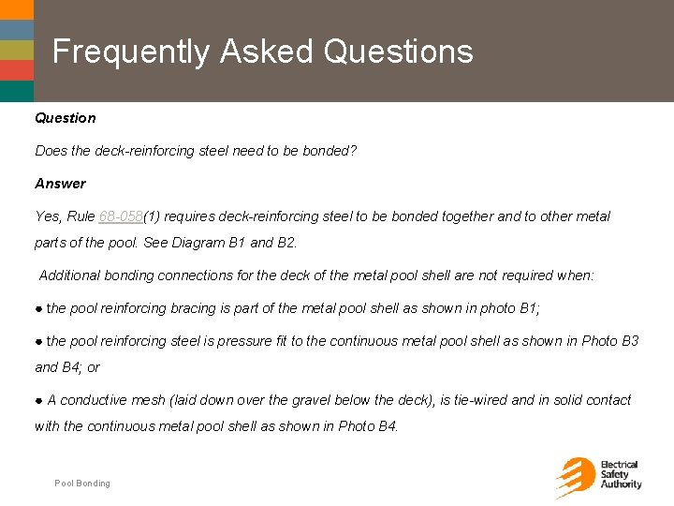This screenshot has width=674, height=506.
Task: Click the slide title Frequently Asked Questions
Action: click(x=262, y=52)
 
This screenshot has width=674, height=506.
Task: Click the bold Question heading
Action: click(x=65, y=118)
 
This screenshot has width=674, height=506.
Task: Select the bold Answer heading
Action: click(x=60, y=184)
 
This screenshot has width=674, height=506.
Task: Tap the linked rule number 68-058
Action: click(x=120, y=216)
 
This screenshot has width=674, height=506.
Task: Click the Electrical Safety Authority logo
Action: click(x=598, y=476)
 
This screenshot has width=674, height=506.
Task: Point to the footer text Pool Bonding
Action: click(x=82, y=484)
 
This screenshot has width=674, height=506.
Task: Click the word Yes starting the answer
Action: click(x=48, y=216)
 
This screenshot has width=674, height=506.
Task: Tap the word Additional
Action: click(x=70, y=275)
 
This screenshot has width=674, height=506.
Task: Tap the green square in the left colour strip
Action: click(x=16, y=49)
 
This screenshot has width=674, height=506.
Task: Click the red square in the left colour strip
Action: click(x=16, y=69)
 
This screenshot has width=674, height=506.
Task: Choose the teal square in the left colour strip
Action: click(x=16, y=91)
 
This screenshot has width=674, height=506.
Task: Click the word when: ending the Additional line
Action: click(x=577, y=275)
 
